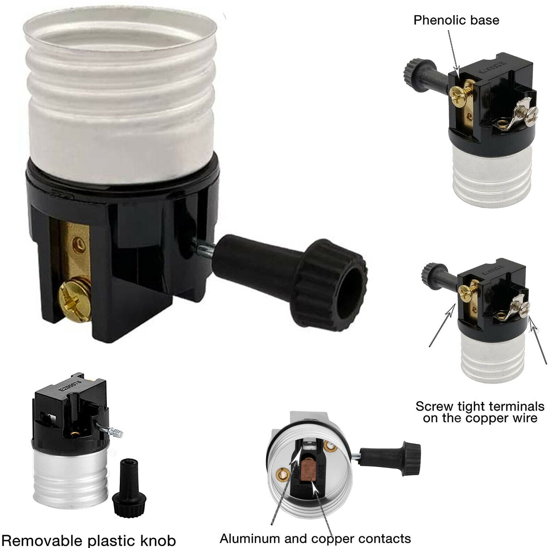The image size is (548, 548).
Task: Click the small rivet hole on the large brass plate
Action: [x=77, y=242]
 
